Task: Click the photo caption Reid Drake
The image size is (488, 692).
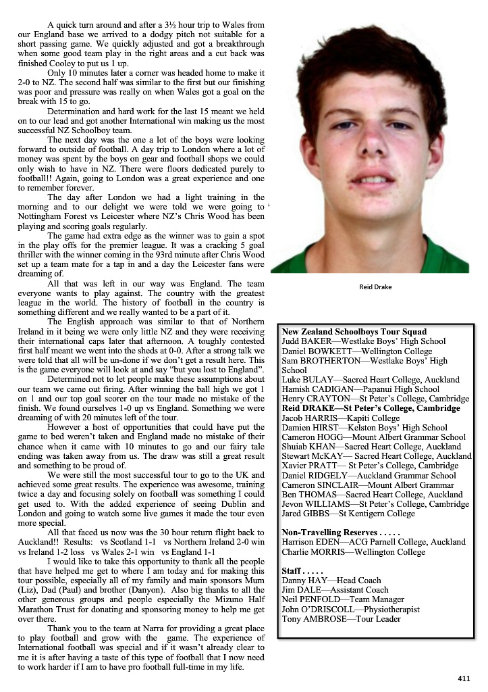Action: (375, 287)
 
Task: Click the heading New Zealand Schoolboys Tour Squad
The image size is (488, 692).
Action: (354, 332)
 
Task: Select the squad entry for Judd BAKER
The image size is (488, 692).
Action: (364, 341)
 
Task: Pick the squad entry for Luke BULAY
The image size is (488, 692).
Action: (371, 380)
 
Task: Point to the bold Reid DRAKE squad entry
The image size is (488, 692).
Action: (371, 408)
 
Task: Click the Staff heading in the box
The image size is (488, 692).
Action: (299, 571)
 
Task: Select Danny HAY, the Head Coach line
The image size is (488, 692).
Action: (331, 580)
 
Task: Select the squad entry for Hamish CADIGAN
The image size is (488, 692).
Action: (360, 389)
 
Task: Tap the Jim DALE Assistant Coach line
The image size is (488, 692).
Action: (335, 590)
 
